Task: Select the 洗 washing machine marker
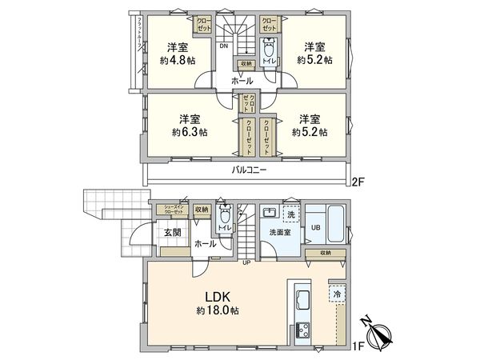(292, 216)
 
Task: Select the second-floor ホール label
(241, 81)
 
